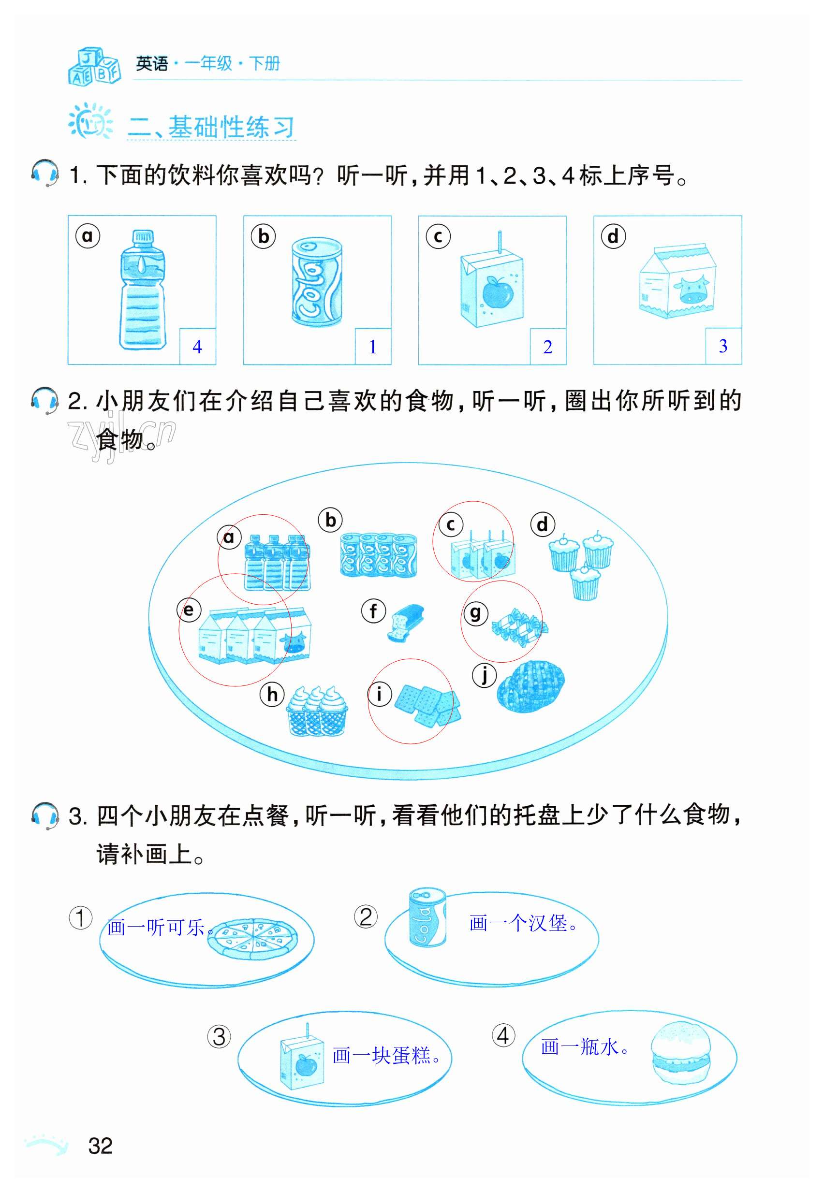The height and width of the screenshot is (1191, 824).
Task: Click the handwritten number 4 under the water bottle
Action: click(197, 347)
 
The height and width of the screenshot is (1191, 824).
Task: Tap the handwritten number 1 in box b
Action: click(372, 347)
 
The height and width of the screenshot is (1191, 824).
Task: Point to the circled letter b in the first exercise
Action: click(264, 236)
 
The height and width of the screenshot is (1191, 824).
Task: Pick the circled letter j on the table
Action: click(484, 675)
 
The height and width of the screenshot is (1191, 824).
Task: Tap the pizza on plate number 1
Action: click(252, 938)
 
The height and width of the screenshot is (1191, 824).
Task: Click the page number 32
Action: click(100, 1146)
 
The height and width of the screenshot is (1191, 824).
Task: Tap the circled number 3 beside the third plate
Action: click(219, 1037)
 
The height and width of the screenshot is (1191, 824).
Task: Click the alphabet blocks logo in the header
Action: click(94, 66)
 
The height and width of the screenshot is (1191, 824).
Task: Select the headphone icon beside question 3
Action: click(45, 815)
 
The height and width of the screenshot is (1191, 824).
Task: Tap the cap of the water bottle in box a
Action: click(143, 237)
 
